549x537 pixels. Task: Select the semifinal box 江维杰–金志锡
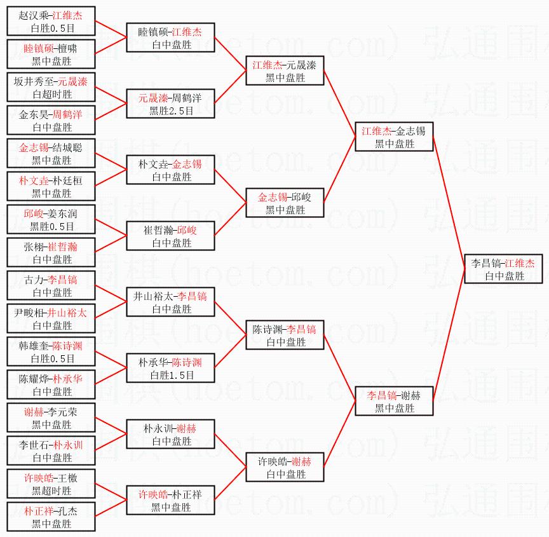pos(394,137)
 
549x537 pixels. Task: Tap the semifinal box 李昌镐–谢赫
pos(394,401)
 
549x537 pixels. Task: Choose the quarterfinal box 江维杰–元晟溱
pos(285,71)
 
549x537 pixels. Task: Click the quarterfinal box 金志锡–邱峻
pos(285,203)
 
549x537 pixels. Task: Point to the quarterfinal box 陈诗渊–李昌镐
pos(285,335)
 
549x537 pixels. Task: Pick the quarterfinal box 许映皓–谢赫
pos(285,467)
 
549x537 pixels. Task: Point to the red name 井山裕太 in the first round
pos(67,313)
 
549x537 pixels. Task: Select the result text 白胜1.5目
pos(171,375)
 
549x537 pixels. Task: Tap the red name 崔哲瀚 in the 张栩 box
pos(62,247)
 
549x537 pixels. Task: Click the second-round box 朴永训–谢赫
pos(171,434)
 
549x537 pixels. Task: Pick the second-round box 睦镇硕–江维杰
pos(171,37)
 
